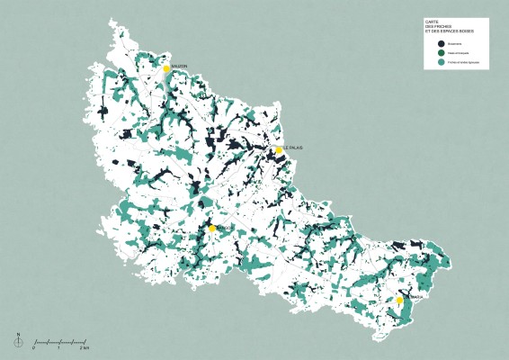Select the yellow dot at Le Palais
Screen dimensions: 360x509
point(279,149)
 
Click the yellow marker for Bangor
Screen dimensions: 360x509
point(212,229)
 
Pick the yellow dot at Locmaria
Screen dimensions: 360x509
point(399,300)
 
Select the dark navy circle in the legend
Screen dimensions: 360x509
point(441,43)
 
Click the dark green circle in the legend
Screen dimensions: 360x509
point(441,53)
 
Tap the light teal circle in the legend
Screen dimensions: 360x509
point(441,63)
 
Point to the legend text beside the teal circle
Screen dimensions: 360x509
point(462,63)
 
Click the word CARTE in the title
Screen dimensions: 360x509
point(433,22)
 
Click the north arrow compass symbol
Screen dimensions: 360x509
point(18,340)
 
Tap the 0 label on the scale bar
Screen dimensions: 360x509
point(34,348)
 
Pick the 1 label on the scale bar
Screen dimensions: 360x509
point(58,348)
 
